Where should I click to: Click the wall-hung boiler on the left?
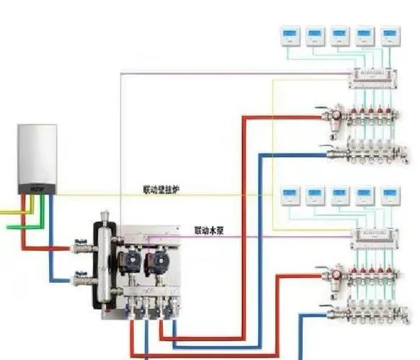point(37,159)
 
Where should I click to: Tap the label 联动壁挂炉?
point(161,189)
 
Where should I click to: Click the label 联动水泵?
point(209,230)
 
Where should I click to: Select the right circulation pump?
point(157,261)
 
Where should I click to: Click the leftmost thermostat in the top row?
point(290,37)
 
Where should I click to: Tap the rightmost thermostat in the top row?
point(390,37)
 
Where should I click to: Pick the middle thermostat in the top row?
point(340,37)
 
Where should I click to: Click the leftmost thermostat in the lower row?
point(290,196)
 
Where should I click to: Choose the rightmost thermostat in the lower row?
point(390,196)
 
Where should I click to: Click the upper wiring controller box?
point(372,78)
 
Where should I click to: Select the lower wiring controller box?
point(375,238)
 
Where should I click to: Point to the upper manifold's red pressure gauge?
point(336,114)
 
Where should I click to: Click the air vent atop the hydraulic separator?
point(104,215)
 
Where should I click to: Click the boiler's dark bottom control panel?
point(37,189)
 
